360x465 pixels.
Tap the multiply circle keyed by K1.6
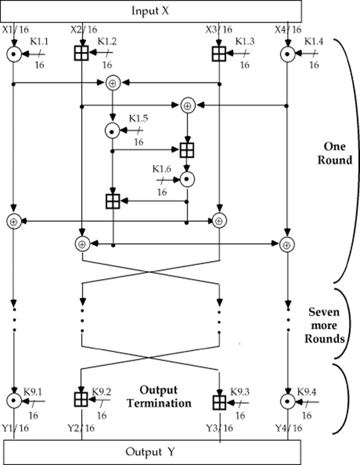188,179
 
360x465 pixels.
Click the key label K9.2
101,391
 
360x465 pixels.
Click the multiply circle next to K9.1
14,401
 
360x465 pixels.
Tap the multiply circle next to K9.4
287,401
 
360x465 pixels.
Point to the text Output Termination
165,397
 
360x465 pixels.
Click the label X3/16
219,29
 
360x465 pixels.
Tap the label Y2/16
81,428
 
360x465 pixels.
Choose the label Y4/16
288,428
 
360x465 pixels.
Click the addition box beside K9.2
82,401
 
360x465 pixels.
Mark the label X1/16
14,29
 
